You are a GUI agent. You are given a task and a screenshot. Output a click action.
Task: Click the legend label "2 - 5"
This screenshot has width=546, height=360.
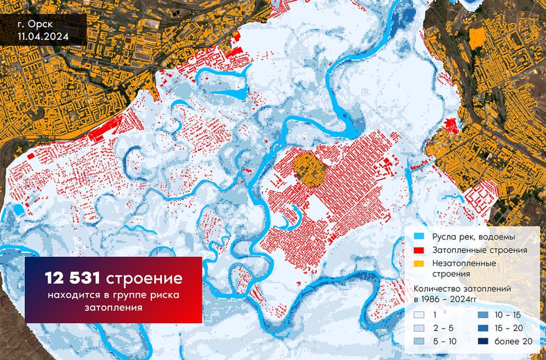442,329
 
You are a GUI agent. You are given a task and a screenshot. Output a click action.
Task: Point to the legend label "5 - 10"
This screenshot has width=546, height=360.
444,341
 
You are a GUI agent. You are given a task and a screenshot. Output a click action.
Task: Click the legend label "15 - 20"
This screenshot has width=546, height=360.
506,329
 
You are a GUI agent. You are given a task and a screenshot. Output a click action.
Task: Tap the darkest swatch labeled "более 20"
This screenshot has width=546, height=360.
484,341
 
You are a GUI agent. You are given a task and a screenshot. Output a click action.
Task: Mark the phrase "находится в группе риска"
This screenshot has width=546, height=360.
113,295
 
